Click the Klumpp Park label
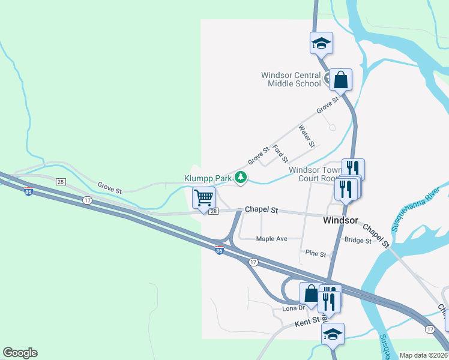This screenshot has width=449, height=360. click(x=208, y=179)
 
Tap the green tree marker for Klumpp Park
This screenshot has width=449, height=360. click(x=241, y=177)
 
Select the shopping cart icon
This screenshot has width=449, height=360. click(x=204, y=197)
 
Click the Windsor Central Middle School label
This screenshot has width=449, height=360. click(x=291, y=79)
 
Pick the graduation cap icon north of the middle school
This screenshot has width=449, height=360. click(x=321, y=43)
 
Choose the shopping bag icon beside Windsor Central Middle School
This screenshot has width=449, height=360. click(x=340, y=79)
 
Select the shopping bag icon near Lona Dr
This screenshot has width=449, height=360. click(x=311, y=294)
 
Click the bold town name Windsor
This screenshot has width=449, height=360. click(x=340, y=220)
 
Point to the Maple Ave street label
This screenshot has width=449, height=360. click(x=271, y=239)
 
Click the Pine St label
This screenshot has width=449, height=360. click(x=315, y=254)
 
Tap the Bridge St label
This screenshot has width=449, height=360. click(x=358, y=240)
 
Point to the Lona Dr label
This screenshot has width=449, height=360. click(x=294, y=308)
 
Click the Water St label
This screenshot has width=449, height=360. click(x=307, y=136)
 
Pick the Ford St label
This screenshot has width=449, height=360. click(x=280, y=154)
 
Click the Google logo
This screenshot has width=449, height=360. click(x=20, y=353)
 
